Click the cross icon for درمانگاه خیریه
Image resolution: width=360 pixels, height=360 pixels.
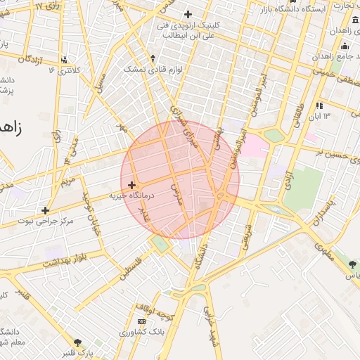pos(131,184)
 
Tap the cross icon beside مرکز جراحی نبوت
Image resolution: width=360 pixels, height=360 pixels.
pos(46,210)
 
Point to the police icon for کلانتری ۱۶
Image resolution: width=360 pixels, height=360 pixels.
pos(65,60)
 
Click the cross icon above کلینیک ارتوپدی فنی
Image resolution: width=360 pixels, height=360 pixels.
pos(187,14)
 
